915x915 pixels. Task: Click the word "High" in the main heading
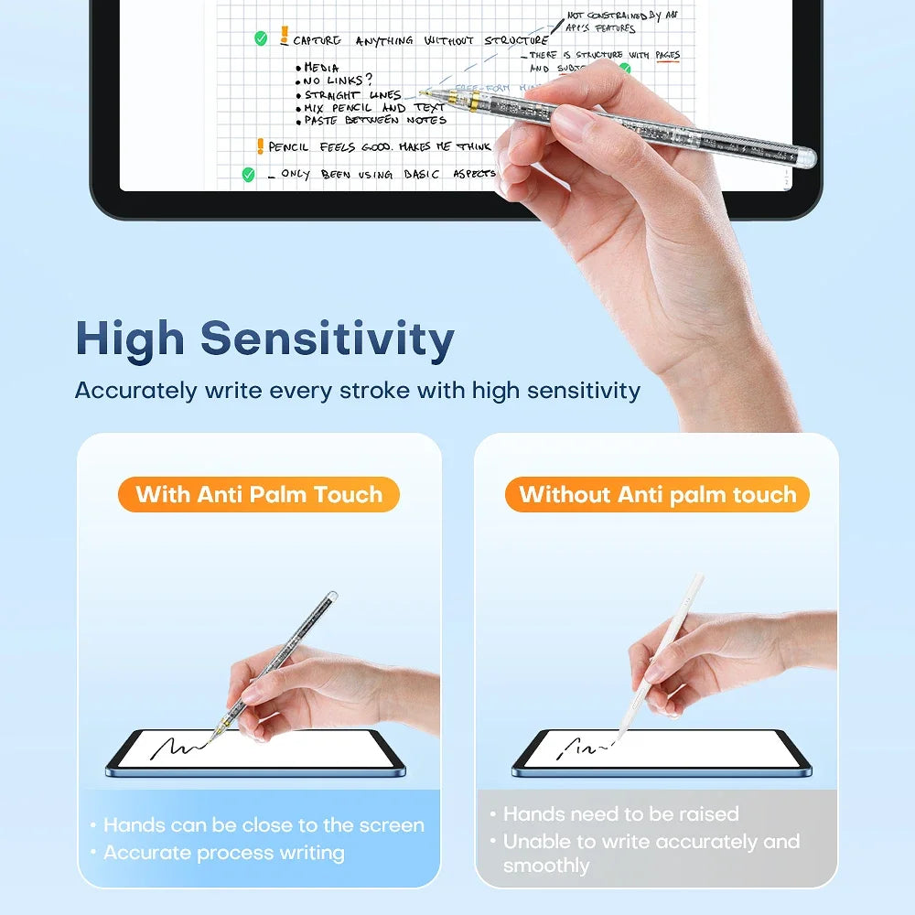130,339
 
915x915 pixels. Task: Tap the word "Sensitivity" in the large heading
328,339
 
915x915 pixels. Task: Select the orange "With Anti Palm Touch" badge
259,495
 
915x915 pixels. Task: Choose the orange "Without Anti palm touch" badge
657,495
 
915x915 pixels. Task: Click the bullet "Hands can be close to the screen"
263,825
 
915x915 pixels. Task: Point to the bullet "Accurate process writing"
223,853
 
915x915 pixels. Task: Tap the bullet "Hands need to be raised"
620,813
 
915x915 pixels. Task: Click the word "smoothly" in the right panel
546,866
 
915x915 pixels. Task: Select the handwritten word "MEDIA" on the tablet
321,68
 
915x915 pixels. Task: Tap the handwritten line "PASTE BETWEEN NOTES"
375,120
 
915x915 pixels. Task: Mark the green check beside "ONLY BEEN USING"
248,174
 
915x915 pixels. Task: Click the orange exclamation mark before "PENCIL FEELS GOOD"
260,146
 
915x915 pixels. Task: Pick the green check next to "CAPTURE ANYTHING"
261,38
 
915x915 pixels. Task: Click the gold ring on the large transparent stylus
476,104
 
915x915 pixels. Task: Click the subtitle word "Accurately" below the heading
135,391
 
